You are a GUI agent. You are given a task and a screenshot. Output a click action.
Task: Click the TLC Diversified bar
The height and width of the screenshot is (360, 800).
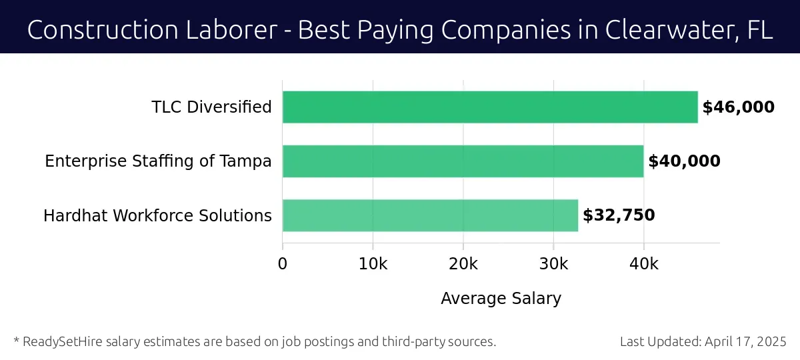click(490, 107)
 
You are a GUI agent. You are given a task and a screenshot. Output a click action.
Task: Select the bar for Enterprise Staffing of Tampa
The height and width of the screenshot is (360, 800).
click(463, 161)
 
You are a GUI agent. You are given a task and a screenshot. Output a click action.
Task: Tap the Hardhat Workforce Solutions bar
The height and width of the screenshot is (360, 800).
click(430, 215)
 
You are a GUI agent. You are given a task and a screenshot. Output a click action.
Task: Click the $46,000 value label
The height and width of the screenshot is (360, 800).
click(738, 107)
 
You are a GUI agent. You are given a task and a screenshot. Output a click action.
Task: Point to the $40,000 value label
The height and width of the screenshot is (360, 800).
click(684, 161)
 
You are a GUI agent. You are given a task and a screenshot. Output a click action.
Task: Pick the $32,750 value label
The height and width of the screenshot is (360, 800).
click(619, 215)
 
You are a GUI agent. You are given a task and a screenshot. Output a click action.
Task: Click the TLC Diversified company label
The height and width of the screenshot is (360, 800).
click(211, 107)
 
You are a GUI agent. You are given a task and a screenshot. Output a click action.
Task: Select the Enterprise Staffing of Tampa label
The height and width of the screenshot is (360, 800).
click(158, 161)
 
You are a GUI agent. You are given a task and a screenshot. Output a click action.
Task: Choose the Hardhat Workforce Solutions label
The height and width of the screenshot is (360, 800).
click(157, 216)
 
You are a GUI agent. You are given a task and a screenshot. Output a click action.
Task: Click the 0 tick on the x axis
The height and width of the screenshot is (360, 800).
click(283, 264)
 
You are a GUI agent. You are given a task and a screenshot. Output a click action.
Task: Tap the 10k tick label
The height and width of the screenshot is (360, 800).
click(373, 264)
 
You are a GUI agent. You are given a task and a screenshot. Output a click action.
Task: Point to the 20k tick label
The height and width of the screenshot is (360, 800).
click(463, 264)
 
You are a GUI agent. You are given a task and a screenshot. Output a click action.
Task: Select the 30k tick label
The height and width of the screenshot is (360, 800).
click(553, 264)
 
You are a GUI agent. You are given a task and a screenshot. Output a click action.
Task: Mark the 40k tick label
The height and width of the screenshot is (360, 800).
click(643, 264)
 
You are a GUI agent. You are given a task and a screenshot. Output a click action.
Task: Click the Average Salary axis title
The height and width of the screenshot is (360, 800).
click(501, 299)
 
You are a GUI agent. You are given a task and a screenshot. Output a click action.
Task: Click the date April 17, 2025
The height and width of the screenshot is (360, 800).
click(747, 342)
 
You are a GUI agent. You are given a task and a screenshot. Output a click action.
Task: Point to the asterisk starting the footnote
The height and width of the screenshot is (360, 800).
click(15, 341)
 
